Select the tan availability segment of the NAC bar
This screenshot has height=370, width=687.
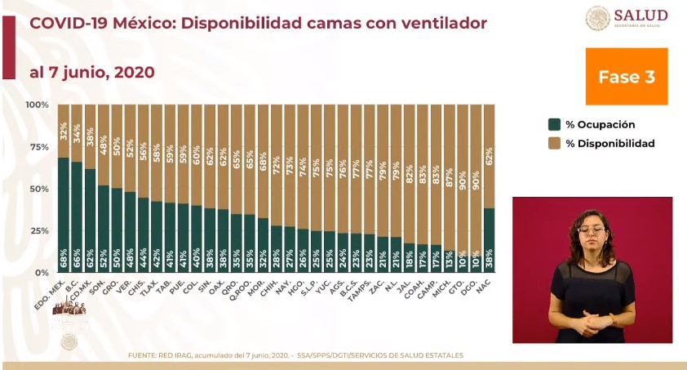[489, 155]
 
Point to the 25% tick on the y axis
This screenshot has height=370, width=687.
[39, 230]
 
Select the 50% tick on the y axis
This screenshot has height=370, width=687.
[39, 189]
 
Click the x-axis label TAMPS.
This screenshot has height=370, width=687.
[362, 288]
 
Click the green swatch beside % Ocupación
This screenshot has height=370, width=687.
[554, 124]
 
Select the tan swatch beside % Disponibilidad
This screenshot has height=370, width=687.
[554, 143]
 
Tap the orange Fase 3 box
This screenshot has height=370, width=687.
[626, 76]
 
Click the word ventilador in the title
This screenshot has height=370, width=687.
[443, 23]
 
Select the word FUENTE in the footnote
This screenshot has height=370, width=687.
[145, 355]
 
